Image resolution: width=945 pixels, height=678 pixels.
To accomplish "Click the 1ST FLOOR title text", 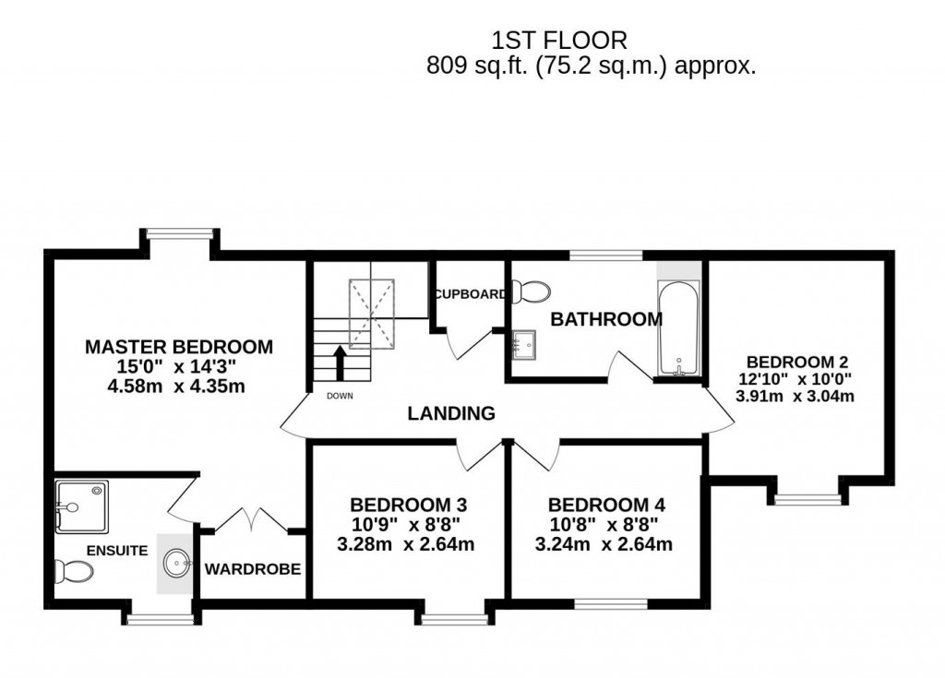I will [x=559, y=40].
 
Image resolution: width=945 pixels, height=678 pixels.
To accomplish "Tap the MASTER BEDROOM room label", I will [x=179, y=347].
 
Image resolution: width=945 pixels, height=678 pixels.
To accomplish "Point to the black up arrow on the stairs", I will [x=340, y=362].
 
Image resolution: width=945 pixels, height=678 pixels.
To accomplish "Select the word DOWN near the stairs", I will [x=340, y=396].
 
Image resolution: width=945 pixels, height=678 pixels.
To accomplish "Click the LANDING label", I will [x=451, y=413].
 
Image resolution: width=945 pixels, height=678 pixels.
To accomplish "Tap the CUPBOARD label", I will [x=471, y=294].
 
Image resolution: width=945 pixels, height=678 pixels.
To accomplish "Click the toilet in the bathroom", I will [x=531, y=292].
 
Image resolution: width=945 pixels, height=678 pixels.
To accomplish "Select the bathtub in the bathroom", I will [x=678, y=330].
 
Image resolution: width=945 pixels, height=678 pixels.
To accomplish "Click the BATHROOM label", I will [x=605, y=320].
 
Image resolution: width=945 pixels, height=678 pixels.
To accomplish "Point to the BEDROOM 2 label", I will [x=796, y=362].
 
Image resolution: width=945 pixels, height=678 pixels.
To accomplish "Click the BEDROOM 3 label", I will [x=407, y=505].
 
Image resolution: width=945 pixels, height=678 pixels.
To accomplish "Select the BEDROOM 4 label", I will [x=605, y=505].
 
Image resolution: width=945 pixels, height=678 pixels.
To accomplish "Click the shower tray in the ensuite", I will [x=80, y=504].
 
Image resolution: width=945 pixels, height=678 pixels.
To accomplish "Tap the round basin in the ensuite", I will [x=175, y=561].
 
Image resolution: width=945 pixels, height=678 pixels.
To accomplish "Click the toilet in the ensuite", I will [x=73, y=573].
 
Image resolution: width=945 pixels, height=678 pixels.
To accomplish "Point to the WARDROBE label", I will [x=252, y=569].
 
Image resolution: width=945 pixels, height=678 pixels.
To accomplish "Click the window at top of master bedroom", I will [x=179, y=234].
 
